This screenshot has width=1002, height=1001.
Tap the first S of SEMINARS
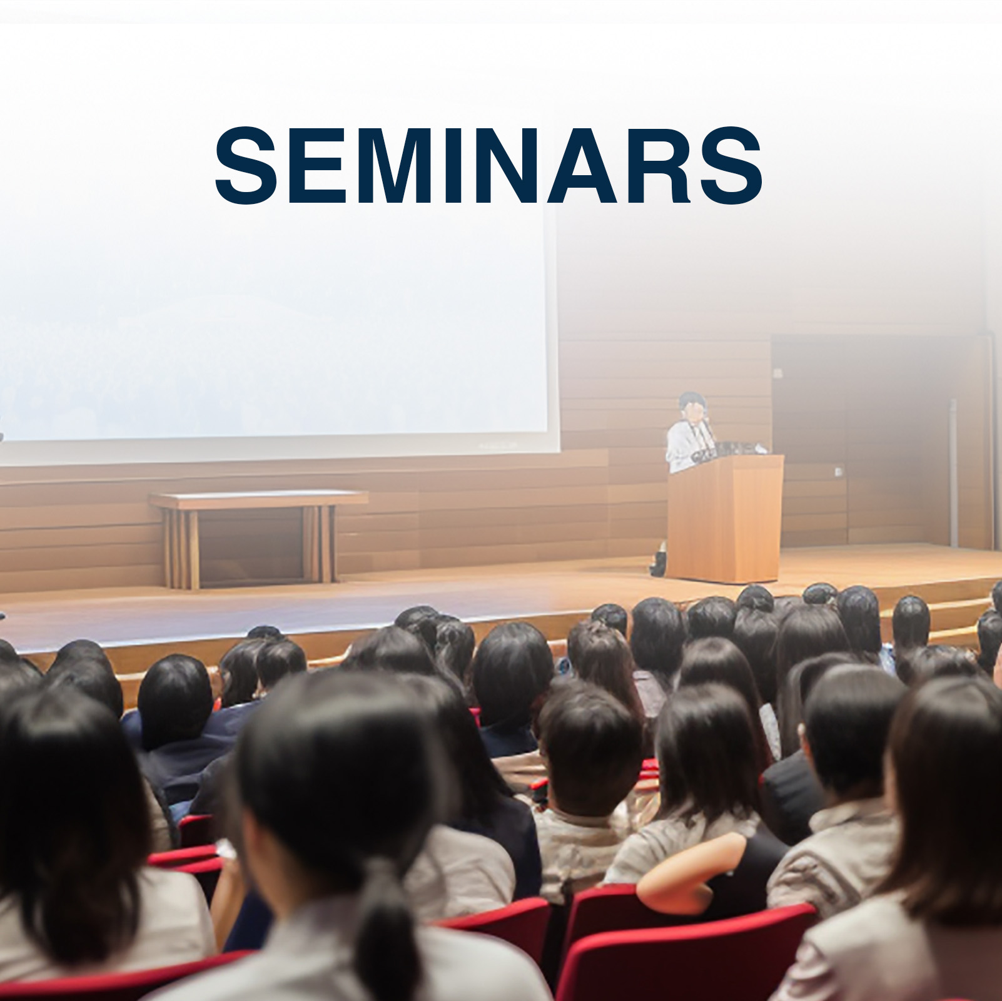pos(246,165)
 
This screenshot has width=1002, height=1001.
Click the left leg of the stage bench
pos(182,548)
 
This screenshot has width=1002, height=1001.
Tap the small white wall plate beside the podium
pos(839,471)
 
